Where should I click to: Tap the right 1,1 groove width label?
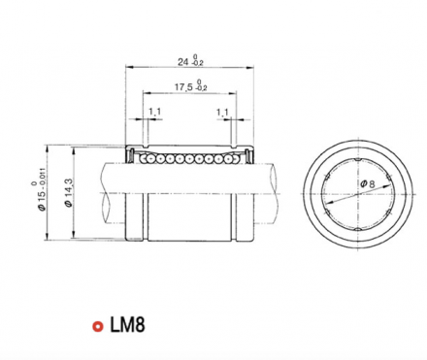tap(222, 113)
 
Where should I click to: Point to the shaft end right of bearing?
tap(269, 180)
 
